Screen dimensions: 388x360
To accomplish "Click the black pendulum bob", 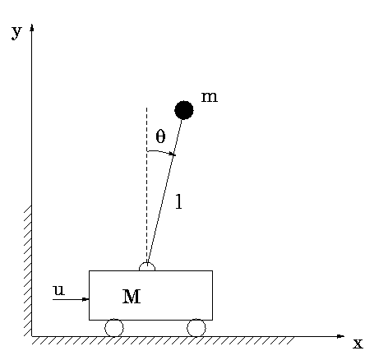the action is pyautogui.click(x=184, y=110).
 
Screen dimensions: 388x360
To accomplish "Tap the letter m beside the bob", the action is pyautogui.click(x=210, y=97).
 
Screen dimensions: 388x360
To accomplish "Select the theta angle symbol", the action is pyautogui.click(x=160, y=136).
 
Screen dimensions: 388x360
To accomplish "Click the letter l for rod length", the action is pyautogui.click(x=178, y=201).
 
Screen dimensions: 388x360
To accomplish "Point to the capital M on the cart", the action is pyautogui.click(x=132, y=297).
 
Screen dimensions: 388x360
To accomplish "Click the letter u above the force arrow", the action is pyautogui.click(x=59, y=290).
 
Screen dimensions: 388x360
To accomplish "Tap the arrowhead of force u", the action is pyautogui.click(x=86, y=299).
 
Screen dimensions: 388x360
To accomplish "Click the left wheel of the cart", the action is pyautogui.click(x=114, y=328).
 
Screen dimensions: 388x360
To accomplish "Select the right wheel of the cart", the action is pyautogui.click(x=196, y=328).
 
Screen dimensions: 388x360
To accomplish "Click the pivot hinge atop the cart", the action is pyautogui.click(x=147, y=265).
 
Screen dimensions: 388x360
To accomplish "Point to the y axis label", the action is pyautogui.click(x=16, y=32).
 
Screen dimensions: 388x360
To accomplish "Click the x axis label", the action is pyautogui.click(x=358, y=344).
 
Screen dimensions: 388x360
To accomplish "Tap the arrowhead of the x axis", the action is pyautogui.click(x=341, y=336).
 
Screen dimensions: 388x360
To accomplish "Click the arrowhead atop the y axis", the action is pyautogui.click(x=32, y=27).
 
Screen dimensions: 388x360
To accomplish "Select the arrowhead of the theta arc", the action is pyautogui.click(x=173, y=155).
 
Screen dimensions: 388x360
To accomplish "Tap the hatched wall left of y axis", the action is pyautogui.click(x=27, y=270).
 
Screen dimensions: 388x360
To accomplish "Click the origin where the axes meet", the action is pyautogui.click(x=32, y=336).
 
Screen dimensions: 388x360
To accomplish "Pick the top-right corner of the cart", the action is pyautogui.click(x=213, y=270).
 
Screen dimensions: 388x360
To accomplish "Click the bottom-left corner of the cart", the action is pyautogui.click(x=89, y=320).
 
